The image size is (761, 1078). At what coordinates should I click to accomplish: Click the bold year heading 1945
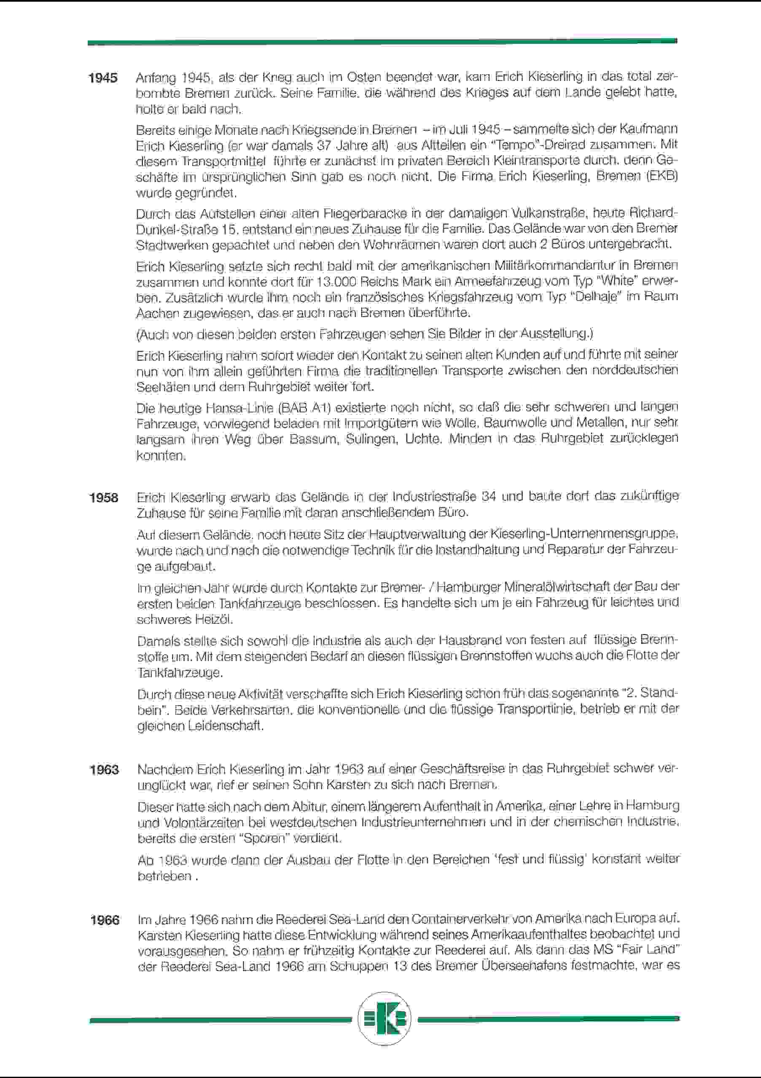[x=103, y=78]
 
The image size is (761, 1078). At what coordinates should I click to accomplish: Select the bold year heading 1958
[x=104, y=497]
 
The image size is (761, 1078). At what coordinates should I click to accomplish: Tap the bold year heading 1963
[x=105, y=770]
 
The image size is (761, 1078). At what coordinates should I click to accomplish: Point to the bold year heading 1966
[x=105, y=920]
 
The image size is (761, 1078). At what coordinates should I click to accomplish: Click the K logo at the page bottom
[x=384, y=1019]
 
